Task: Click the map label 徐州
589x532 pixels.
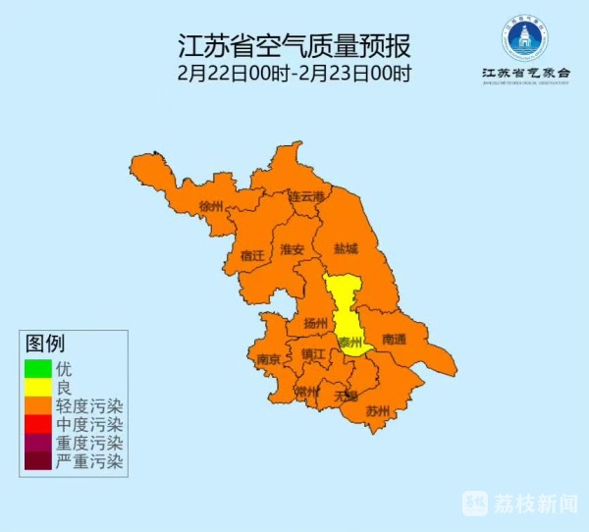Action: click(x=212, y=206)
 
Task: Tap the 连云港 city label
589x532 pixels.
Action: click(x=304, y=196)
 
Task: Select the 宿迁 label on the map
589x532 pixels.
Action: click(x=252, y=255)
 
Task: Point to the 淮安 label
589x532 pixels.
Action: click(x=293, y=249)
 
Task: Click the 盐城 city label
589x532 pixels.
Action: click(x=347, y=249)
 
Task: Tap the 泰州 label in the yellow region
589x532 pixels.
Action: click(x=349, y=343)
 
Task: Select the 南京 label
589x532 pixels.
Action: click(x=268, y=359)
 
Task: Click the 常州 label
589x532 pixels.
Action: click(x=307, y=392)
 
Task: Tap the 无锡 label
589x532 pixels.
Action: click(x=346, y=396)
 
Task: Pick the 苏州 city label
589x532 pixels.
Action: click(x=378, y=409)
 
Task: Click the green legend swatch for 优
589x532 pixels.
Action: click(x=37, y=369)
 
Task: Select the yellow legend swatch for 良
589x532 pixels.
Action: click(x=37, y=388)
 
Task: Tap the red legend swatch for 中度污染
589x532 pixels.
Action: click(x=37, y=424)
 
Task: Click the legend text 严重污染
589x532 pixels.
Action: click(x=89, y=461)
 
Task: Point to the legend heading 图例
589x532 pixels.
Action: click(x=45, y=345)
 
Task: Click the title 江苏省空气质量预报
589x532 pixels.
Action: click(x=294, y=45)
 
